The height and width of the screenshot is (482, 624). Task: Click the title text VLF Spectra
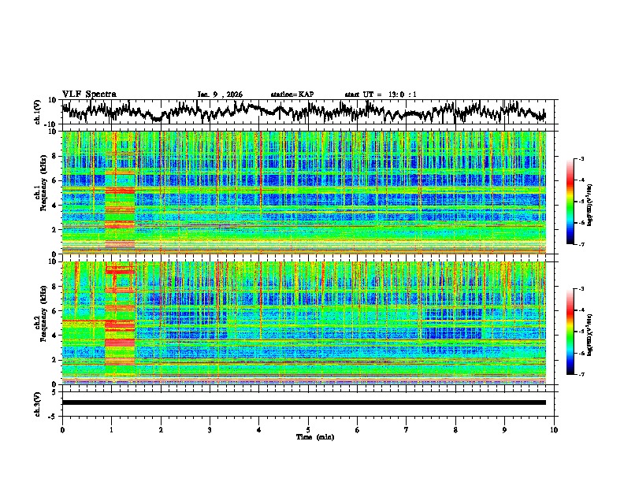click(x=89, y=94)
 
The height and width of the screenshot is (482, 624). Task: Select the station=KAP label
click(x=292, y=95)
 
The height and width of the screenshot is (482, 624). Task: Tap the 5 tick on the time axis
click(x=308, y=429)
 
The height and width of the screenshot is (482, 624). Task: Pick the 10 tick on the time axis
click(x=555, y=429)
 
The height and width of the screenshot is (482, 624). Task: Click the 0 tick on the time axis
click(x=62, y=429)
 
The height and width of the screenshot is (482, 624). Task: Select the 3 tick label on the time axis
click(x=210, y=429)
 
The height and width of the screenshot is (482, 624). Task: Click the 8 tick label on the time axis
click(x=455, y=429)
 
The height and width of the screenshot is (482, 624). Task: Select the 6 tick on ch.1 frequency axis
click(x=54, y=181)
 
